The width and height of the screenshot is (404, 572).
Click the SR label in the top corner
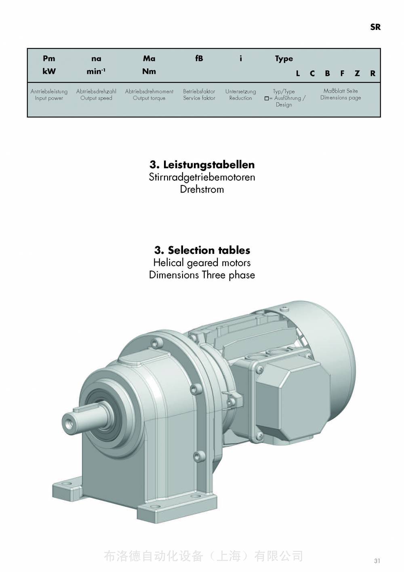click(375, 27)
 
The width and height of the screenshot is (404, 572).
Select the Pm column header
click(49, 59)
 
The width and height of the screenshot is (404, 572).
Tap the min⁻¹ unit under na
click(96, 71)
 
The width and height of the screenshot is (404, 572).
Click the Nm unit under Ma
click(149, 71)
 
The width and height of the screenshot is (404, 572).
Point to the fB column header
click(199, 59)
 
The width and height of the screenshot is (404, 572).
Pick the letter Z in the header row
click(357, 74)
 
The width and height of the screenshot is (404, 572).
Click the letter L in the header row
click(298, 74)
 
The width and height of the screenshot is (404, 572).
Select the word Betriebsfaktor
click(199, 91)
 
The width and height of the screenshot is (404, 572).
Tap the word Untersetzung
click(240, 91)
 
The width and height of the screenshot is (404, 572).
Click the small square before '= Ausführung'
click(267, 98)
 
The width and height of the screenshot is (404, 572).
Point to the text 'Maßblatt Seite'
click(341, 91)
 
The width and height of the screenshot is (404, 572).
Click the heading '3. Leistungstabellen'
click(202, 165)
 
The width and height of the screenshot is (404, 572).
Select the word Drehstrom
click(202, 189)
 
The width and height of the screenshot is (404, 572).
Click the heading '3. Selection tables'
click(202, 250)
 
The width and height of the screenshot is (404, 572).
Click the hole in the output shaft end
click(69, 424)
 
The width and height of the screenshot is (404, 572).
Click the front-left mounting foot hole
click(68, 483)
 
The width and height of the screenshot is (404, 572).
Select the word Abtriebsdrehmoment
click(149, 91)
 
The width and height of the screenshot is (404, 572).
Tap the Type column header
click(284, 59)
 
